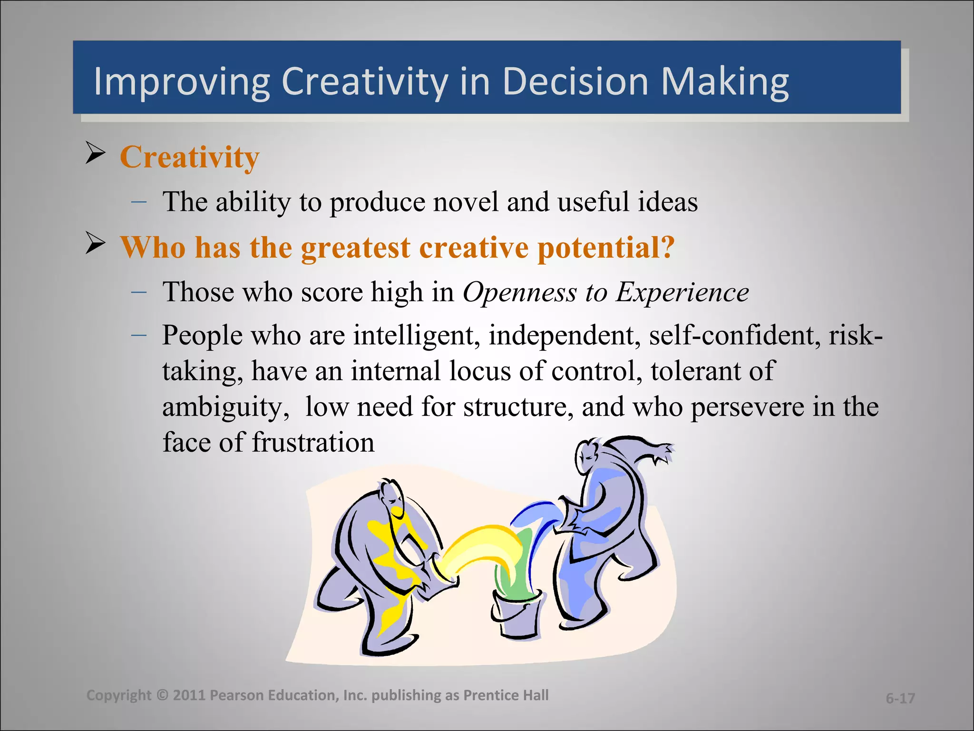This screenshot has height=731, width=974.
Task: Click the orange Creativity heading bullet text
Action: [189, 157]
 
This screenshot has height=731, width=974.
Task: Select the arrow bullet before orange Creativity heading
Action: [96, 153]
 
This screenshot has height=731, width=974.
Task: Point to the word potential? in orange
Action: [606, 247]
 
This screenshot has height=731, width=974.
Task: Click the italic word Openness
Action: [519, 292]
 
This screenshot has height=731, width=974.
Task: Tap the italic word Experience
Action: [682, 292]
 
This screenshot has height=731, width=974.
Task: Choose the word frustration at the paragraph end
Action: [312, 443]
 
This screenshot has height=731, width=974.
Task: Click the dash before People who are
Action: [138, 335]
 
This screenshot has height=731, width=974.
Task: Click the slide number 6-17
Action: [900, 698]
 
